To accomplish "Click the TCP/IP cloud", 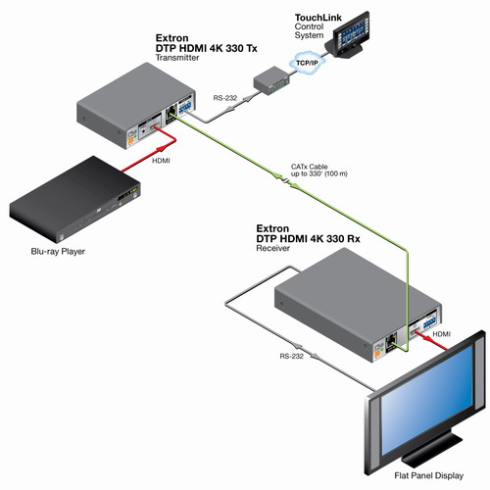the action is [308, 62].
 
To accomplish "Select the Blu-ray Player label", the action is [58, 252].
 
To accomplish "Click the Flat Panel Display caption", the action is [428, 475].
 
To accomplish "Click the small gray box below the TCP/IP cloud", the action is [271, 80].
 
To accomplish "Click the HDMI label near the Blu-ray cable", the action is [161, 161].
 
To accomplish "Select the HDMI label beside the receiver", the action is [441, 334].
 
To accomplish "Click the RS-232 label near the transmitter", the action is [225, 98].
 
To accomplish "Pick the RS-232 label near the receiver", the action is [291, 356].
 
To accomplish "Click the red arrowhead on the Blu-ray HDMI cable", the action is [163, 149].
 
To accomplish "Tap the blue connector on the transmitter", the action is [185, 107].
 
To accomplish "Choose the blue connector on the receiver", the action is [431, 323].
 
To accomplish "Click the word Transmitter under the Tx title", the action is [177, 58].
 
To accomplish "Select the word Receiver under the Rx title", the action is [272, 248].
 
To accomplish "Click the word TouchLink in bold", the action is [318, 18].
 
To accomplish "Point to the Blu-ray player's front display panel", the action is [128, 194].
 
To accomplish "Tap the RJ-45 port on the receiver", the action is [390, 342].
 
